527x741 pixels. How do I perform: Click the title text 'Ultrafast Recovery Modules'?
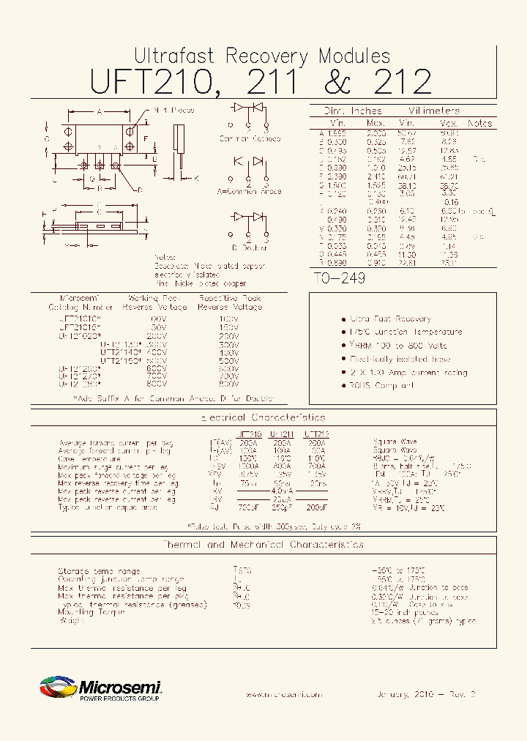tap(262, 56)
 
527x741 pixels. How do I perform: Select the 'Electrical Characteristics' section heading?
tap(263, 417)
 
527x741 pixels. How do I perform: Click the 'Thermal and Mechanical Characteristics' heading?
tap(263, 545)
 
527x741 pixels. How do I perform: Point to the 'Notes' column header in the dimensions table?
tap(479, 124)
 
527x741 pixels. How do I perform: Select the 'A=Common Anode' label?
tap(249, 190)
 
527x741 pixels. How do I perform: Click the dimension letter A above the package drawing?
tap(100, 111)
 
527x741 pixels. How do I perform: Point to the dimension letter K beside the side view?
tap(196, 178)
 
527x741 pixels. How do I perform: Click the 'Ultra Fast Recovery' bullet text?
tap(389, 319)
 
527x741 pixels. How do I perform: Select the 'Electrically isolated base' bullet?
tap(400, 360)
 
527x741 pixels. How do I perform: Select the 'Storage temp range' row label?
tap(99, 571)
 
